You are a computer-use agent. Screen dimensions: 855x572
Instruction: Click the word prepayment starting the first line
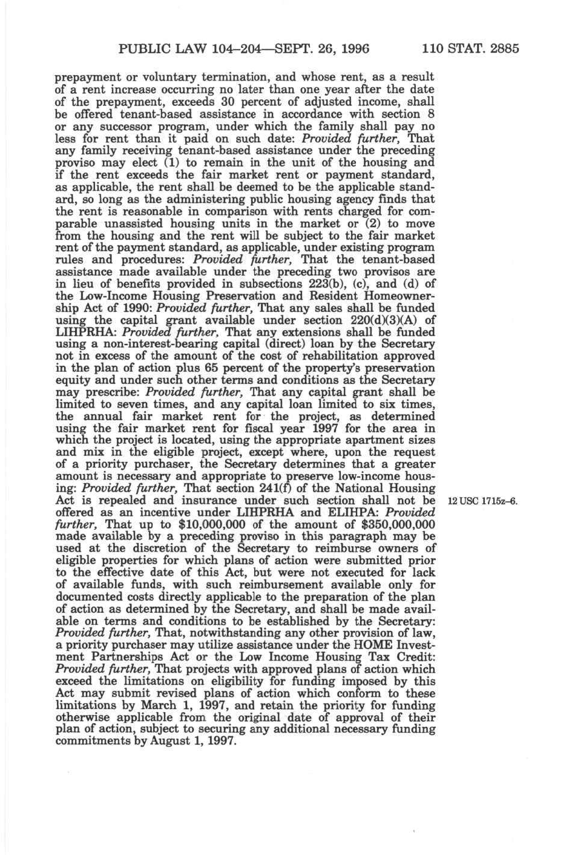(83, 79)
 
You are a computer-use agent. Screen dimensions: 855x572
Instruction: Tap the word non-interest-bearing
(156, 344)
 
